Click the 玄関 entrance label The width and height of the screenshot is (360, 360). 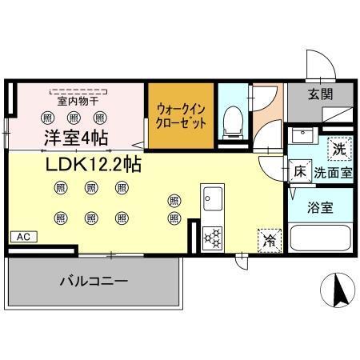coord(321,93)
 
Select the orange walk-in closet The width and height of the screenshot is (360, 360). coord(181,116)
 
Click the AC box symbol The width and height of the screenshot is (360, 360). coord(23,237)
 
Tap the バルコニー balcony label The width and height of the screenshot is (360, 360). coord(94,282)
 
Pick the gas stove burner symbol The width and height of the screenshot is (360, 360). coord(214,237)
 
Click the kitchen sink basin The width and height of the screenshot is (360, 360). coord(213,198)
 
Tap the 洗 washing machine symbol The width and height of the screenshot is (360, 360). coord(339,147)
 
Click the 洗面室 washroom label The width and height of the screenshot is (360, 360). coord(333,172)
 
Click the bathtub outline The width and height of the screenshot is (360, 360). coord(320,239)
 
